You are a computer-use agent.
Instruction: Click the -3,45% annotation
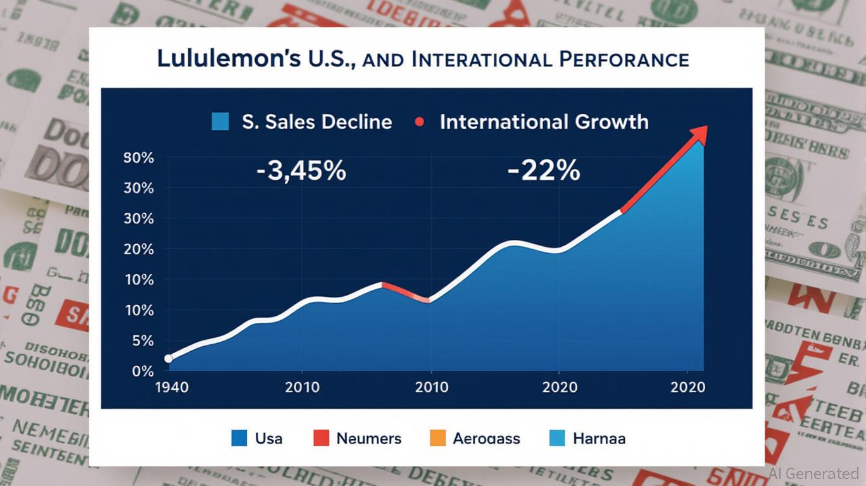pos(301,170)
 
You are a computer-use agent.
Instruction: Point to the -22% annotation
pos(544,170)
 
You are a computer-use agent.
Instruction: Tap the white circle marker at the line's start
pos(168,359)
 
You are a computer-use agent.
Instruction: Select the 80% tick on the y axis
pos(140,158)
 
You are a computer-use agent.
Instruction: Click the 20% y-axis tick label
pos(140,249)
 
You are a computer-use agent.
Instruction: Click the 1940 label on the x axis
pos(171,387)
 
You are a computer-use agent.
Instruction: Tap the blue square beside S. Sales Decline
pos(219,121)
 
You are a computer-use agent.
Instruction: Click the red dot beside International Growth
pos(418,121)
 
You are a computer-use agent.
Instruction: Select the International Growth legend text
pos(544,121)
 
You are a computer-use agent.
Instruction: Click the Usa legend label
pos(268,438)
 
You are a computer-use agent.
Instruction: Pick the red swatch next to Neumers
pos(321,438)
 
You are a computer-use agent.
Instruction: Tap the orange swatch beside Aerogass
pos(437,438)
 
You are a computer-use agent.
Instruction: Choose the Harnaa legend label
pos(598,438)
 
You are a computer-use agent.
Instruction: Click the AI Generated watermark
pos(814,473)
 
